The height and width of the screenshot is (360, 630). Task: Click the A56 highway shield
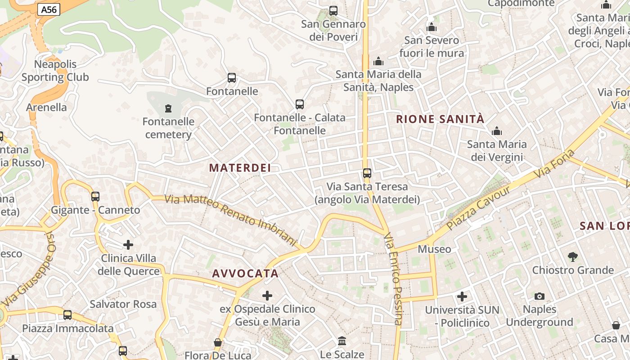click(x=49, y=9)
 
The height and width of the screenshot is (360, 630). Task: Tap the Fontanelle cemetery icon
click(x=168, y=108)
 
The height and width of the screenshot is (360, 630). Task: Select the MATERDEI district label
click(x=240, y=168)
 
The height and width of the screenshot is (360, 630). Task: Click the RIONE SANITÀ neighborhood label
click(x=440, y=119)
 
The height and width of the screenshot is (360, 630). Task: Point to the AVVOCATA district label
click(x=245, y=274)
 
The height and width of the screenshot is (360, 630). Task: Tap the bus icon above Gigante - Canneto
click(x=95, y=196)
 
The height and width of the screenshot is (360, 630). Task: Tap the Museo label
click(x=434, y=249)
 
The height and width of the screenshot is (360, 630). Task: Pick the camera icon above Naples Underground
click(x=539, y=296)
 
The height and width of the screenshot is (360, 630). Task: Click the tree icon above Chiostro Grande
click(x=572, y=256)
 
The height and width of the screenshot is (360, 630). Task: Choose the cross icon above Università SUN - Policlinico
click(x=462, y=297)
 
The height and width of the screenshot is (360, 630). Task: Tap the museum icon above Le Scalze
click(x=342, y=341)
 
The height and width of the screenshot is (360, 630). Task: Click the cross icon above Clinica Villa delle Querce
click(x=128, y=245)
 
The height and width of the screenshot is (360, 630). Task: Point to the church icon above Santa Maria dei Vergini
click(x=497, y=131)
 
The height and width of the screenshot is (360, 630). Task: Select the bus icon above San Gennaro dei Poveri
click(x=333, y=10)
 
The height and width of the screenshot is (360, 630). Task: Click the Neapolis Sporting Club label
click(x=55, y=71)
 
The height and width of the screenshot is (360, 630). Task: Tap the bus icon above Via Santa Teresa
click(x=367, y=173)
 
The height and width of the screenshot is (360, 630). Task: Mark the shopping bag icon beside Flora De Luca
click(x=218, y=342)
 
